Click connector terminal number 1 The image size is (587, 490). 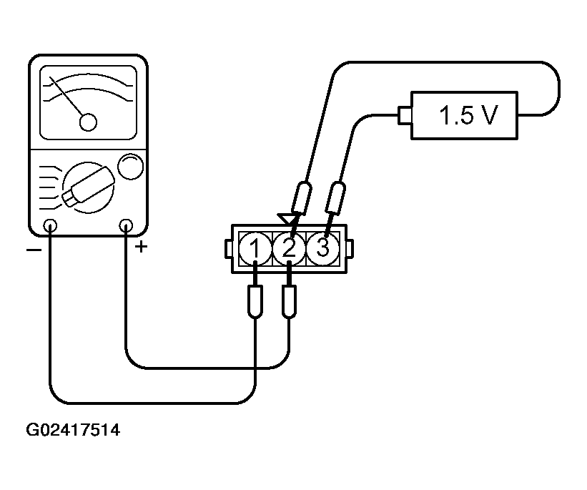(255, 248)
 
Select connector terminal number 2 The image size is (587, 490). (289, 248)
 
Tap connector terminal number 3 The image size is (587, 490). (322, 248)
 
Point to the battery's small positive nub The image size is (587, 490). (403, 114)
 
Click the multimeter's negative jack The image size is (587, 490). (50, 227)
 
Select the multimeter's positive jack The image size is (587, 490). (127, 227)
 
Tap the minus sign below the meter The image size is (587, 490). (31, 250)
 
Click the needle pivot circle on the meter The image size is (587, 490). (88, 122)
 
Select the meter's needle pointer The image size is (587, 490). (70, 99)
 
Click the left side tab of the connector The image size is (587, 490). (227, 248)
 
